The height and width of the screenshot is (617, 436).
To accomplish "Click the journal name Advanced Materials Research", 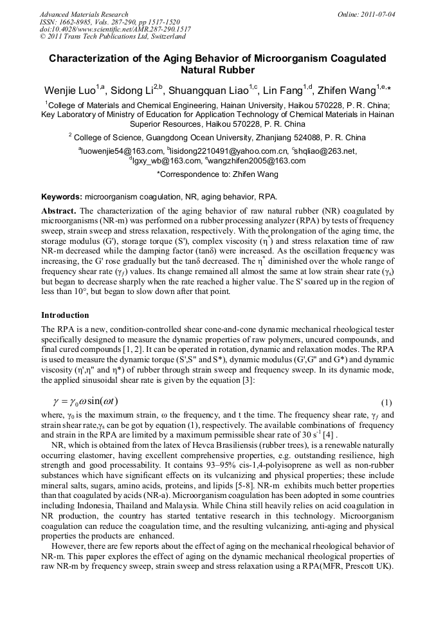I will click(x=84, y=14).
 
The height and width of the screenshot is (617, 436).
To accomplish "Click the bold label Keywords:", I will click(x=62, y=196).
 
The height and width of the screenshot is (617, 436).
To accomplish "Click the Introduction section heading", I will click(x=65, y=315).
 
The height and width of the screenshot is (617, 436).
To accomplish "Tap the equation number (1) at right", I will click(x=386, y=403).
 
